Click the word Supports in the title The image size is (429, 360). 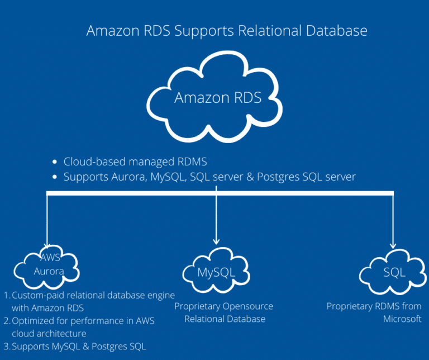coord(204,31)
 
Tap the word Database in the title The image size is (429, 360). coord(337,30)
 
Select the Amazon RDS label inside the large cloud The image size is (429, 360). coord(218,97)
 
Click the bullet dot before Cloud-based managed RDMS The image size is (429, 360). coord(55,162)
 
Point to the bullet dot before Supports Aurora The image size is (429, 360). coord(55,177)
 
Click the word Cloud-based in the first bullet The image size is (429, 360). coord(94,162)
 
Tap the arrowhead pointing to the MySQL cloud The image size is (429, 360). coord(216,241)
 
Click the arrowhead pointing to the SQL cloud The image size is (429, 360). coord(393,245)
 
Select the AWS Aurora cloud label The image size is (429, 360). coord(49,264)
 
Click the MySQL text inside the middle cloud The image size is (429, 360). coord(216,272)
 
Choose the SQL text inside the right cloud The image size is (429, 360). coord(394,272)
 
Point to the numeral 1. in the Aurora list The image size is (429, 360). coord(7,295)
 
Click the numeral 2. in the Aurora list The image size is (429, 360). coord(7,321)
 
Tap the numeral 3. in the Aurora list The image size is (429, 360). coord(7,347)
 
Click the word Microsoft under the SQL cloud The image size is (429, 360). coord(402,319)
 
